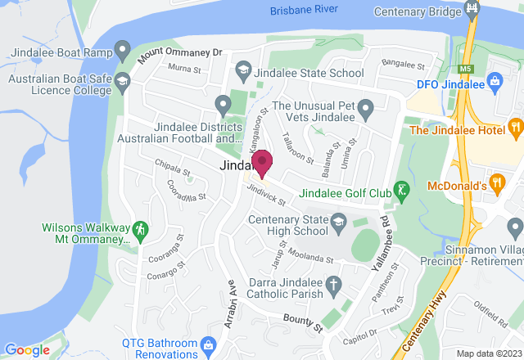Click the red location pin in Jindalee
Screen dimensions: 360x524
point(262,162)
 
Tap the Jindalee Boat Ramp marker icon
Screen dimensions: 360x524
point(123,52)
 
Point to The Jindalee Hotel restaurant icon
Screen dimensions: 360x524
point(514,128)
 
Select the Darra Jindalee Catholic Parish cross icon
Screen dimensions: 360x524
point(332,286)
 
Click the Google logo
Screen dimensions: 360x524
point(26,349)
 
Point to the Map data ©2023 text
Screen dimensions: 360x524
point(487,353)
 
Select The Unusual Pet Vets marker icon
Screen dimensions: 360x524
point(365,106)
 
